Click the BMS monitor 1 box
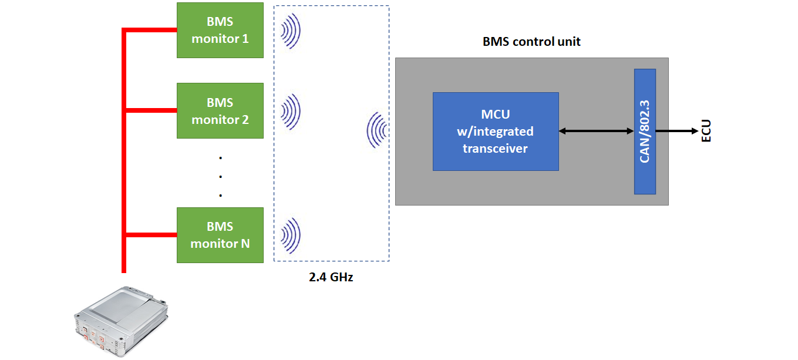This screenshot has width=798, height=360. (220, 31)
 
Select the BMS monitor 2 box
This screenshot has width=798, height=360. (220, 111)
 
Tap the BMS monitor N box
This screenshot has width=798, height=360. (220, 235)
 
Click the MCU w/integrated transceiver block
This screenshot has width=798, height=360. (496, 132)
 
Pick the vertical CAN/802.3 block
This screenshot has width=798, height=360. (645, 132)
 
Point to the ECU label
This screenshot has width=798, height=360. (706, 131)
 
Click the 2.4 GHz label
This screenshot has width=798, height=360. (331, 277)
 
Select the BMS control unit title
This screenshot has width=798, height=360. (531, 42)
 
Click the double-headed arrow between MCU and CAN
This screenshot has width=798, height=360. (597, 131)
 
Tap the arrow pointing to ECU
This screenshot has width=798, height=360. (677, 131)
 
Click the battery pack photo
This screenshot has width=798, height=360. (121, 321)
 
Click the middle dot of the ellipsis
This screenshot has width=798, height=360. (221, 176)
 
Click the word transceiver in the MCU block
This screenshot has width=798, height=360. (495, 149)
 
